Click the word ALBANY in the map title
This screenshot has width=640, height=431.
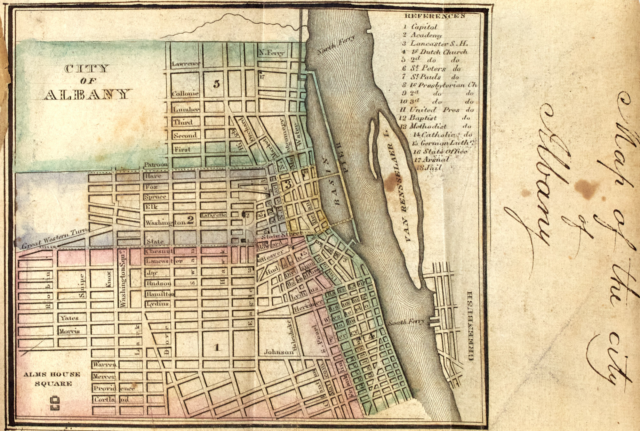[x=87, y=94]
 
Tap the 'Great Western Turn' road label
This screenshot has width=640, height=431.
[x=53, y=239]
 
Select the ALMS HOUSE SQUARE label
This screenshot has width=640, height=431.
[x=52, y=379]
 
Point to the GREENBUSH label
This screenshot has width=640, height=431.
[x=470, y=326]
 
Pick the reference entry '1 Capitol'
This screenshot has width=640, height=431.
[x=420, y=27]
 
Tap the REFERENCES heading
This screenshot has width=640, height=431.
[x=434, y=16]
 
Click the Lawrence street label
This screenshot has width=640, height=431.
[x=186, y=64]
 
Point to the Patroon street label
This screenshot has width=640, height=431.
[x=156, y=165]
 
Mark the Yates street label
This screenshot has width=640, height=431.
[x=69, y=318]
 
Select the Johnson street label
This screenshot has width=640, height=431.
[x=278, y=352]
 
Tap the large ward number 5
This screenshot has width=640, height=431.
[x=217, y=84]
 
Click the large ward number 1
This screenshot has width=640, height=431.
[x=217, y=347]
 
